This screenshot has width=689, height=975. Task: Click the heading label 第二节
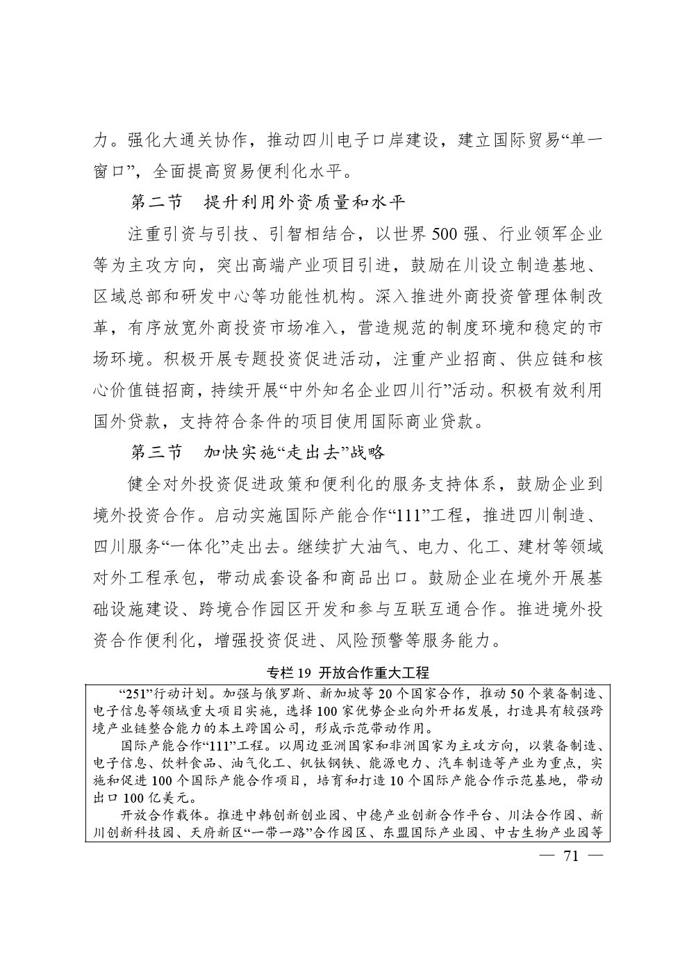pyautogui.click(x=157, y=202)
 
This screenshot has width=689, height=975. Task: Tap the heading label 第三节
pyautogui.click(x=157, y=452)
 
